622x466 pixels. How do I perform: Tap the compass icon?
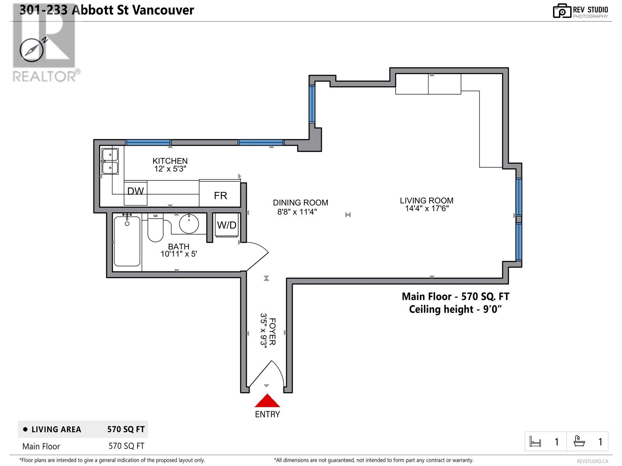click(32, 50)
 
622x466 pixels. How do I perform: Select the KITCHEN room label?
click(170, 161)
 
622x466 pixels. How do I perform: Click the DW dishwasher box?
click(135, 193)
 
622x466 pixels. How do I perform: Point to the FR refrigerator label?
click(220, 196)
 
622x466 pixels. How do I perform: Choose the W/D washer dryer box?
click(227, 225)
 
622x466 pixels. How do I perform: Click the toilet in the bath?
click(155, 228)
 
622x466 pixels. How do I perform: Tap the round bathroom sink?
click(189, 224)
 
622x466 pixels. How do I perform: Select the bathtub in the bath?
click(127, 241)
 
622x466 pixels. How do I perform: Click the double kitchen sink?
click(110, 161)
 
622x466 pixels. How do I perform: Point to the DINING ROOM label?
click(301, 203)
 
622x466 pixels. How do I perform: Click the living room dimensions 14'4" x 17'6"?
click(427, 209)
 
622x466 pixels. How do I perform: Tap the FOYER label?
click(272, 332)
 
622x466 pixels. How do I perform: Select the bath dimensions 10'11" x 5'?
click(178, 254)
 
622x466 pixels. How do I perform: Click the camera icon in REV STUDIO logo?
click(562, 11)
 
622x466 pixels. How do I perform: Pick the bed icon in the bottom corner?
click(535, 442)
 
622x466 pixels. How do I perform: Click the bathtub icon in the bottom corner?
click(579, 441)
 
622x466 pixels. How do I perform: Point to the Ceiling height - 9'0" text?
click(455, 309)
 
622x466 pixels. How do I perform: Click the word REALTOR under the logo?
click(44, 77)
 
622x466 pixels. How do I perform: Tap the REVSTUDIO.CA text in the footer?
click(592, 461)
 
